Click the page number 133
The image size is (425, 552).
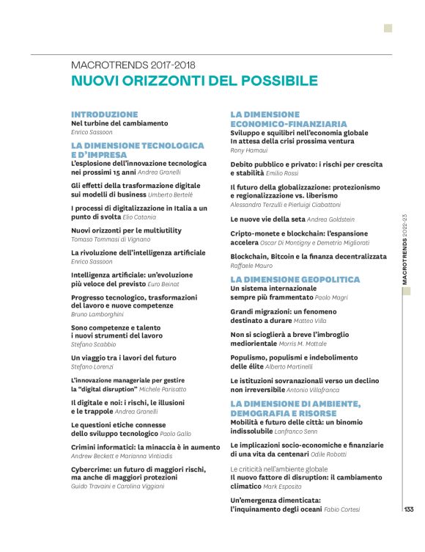(x=409, y=509)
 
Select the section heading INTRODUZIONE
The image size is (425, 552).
(x=104, y=115)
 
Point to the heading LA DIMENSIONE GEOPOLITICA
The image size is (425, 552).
(x=295, y=280)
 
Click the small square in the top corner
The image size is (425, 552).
(x=388, y=29)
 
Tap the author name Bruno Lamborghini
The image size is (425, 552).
(x=103, y=314)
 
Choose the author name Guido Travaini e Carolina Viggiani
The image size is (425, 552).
(x=118, y=487)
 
